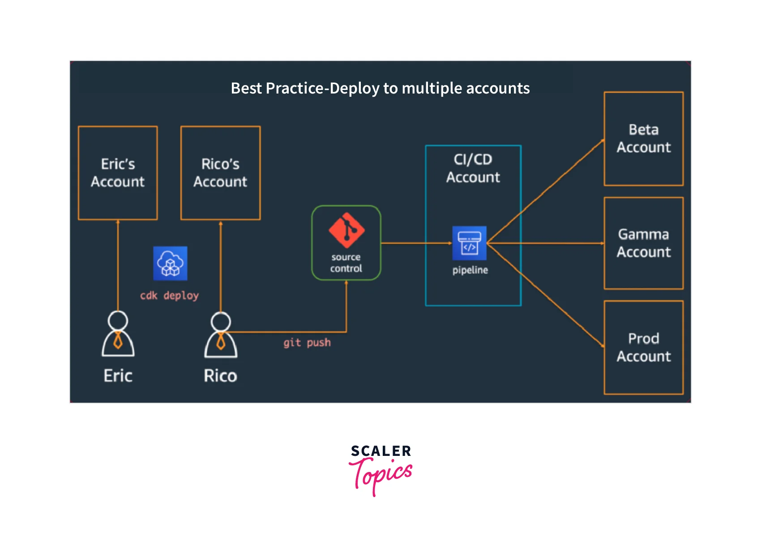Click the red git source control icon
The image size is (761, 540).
click(346, 230)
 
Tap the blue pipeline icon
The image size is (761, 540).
click(469, 243)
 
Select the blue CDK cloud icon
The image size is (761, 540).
click(170, 264)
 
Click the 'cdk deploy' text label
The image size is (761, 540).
click(169, 296)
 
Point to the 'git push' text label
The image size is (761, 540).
click(307, 343)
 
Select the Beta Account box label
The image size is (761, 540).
click(643, 138)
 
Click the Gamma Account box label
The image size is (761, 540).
click(643, 243)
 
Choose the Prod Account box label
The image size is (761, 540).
click(643, 347)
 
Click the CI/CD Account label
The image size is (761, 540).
click(473, 168)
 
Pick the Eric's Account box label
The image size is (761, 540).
click(118, 173)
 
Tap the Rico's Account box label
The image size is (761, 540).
click(220, 173)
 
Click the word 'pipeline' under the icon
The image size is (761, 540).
click(470, 270)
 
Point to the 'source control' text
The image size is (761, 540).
click(346, 263)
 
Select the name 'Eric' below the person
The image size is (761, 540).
click(118, 376)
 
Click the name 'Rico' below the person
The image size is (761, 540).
click(220, 376)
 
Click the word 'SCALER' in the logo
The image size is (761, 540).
click(381, 451)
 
